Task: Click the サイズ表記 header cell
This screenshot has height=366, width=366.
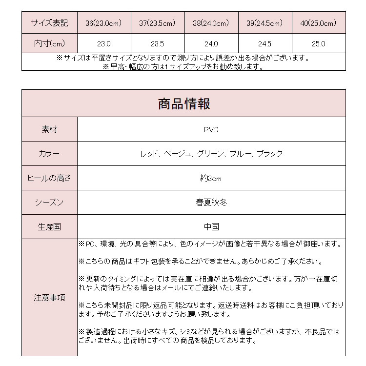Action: pos(49,23)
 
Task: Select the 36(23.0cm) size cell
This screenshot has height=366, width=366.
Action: pos(104,23)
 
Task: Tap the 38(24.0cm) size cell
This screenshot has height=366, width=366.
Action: pos(211,23)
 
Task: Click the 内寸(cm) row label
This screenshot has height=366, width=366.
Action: pos(49,43)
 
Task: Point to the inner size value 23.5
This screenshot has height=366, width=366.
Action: pos(157,43)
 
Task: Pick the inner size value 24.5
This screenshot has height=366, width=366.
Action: pos(264,43)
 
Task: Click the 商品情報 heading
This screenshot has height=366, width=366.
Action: pos(184,103)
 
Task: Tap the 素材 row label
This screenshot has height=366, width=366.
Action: pos(49,129)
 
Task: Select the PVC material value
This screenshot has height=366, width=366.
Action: pos(211,129)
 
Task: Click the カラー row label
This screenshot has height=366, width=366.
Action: pos(49,154)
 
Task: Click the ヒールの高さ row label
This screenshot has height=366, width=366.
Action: pos(49,178)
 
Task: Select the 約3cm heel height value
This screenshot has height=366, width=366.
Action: pos(211,178)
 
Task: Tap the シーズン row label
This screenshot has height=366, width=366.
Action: pos(49,203)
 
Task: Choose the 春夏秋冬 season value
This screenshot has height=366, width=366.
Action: pos(211,203)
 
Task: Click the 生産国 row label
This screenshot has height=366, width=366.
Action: pos(49,227)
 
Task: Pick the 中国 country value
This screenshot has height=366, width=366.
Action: pos(211,227)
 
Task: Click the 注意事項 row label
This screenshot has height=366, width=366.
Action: pos(49,297)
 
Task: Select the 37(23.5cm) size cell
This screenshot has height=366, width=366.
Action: pos(157,23)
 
